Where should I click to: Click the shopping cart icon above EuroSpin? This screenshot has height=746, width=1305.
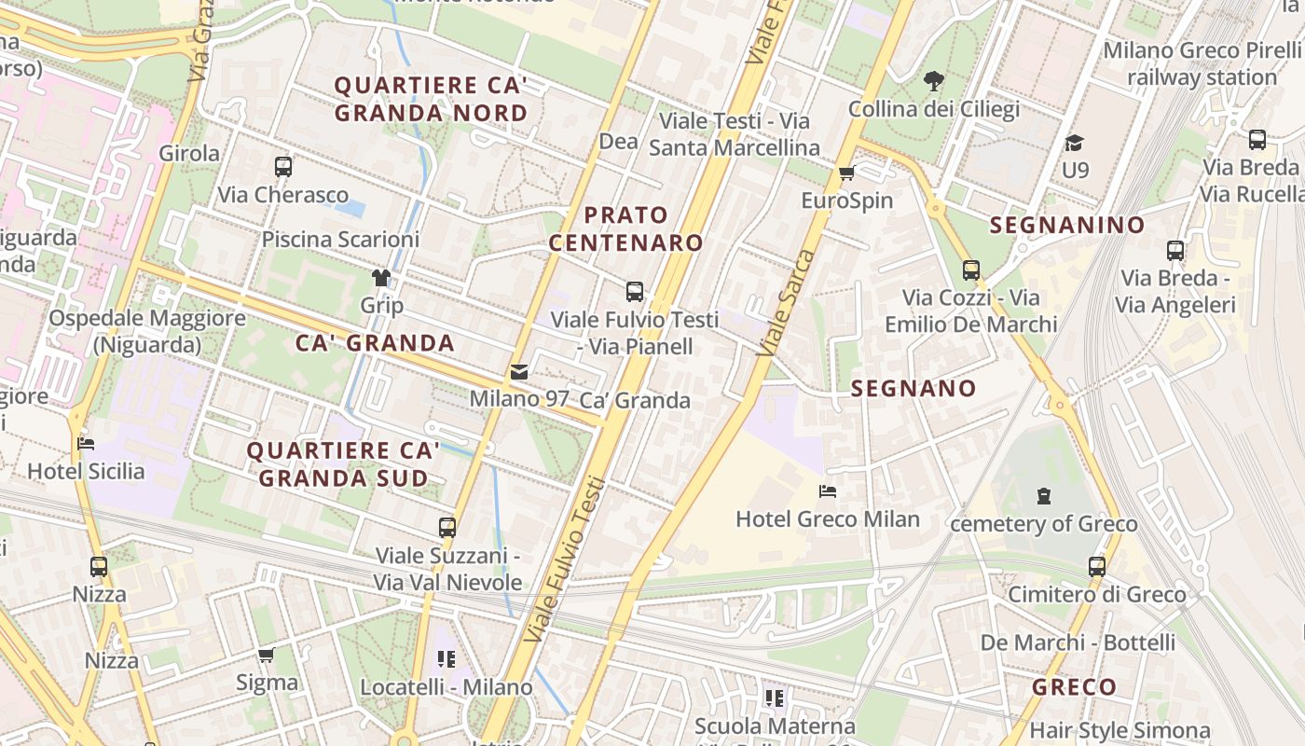[x=846, y=173]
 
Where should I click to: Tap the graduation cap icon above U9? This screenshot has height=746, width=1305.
[x=1075, y=143]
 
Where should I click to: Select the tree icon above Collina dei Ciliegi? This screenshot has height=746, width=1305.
[x=933, y=81]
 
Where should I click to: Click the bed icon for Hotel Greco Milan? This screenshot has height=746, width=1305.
[x=827, y=491]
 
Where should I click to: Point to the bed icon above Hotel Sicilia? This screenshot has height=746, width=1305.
[x=86, y=444]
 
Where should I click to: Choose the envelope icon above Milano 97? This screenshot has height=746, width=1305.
[x=519, y=372]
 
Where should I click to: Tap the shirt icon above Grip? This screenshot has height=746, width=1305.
[x=381, y=278]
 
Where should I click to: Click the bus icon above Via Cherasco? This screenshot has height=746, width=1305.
[x=283, y=167]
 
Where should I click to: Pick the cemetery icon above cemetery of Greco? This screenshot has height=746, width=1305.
[x=1044, y=496]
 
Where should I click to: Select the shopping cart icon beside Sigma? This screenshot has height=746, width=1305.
[x=267, y=655]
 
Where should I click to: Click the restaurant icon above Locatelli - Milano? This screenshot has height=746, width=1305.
[x=446, y=659]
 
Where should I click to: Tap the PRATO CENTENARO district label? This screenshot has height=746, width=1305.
[x=625, y=229]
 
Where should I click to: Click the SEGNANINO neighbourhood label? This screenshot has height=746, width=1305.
[x=1054, y=225]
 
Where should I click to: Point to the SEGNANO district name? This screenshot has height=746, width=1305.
[x=913, y=389]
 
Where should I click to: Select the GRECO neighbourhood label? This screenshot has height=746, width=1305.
[x=1074, y=688]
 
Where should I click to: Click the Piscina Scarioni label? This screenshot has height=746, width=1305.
[x=340, y=240]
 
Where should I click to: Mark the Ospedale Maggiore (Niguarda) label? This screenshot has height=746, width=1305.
[x=147, y=331]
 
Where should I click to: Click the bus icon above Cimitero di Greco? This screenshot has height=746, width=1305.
[x=1097, y=566]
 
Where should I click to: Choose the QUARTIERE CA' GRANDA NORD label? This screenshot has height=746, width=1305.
[x=431, y=99]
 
